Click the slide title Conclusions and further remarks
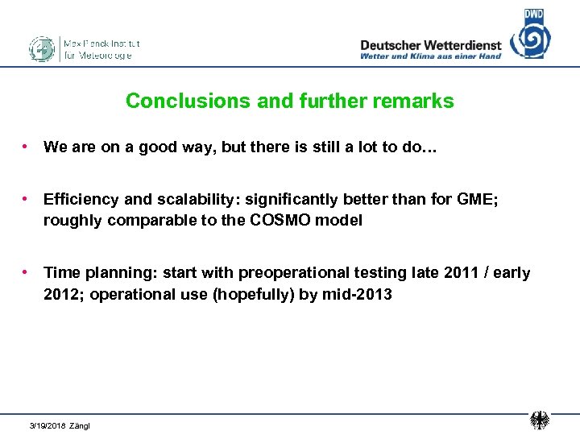[290, 101]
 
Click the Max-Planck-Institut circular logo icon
[41, 49]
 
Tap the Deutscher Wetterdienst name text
[430, 45]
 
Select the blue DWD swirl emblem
[532, 37]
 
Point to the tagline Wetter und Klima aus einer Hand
[430, 56]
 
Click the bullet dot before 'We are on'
[27, 147]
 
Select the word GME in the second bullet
[478, 200]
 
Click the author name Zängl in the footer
[80, 425]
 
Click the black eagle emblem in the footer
[539, 420]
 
